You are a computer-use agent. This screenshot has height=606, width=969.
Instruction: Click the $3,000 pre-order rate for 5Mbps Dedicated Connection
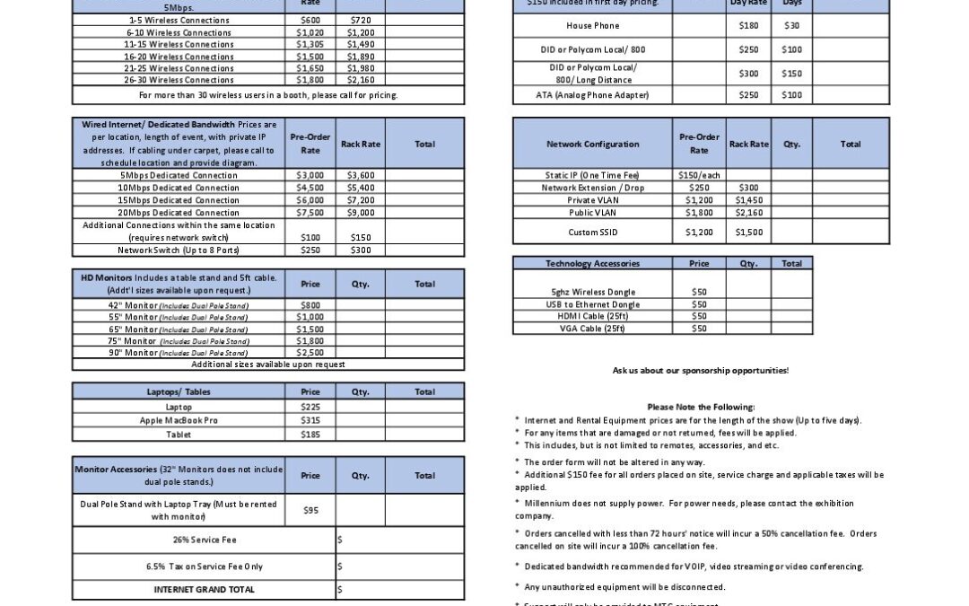coord(310,175)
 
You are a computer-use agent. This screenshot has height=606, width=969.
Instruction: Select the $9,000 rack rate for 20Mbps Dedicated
coord(362,213)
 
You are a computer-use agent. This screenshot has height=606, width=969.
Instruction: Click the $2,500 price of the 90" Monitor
coord(310,353)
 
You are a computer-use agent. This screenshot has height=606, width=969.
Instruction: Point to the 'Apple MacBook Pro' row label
coord(179,420)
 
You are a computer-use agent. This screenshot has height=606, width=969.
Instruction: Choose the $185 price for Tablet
coord(310,435)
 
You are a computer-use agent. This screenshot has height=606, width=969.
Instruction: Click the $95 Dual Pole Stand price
coord(310,510)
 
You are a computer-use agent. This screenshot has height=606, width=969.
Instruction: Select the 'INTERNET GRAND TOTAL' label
coord(205,590)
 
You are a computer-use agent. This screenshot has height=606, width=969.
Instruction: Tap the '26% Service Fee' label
coord(205,540)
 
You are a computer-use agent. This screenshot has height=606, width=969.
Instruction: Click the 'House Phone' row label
coord(592,26)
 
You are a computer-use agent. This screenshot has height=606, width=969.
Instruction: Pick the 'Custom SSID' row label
coord(592,232)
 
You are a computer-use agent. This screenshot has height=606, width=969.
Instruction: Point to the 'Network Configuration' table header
coord(592,144)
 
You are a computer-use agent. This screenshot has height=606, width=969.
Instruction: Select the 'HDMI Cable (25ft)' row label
coord(592,316)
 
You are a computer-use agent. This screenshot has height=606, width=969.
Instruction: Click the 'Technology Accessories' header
coord(592,263)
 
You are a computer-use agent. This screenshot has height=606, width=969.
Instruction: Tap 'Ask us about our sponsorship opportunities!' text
coord(701,370)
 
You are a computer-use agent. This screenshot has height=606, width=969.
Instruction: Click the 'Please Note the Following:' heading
coord(701,407)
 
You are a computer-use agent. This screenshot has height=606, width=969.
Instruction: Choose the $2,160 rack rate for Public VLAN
coord(748,213)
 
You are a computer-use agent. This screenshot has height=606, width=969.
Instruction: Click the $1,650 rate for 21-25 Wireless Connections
coord(310,68)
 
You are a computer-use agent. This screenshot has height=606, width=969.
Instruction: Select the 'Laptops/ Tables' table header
coord(179,392)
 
